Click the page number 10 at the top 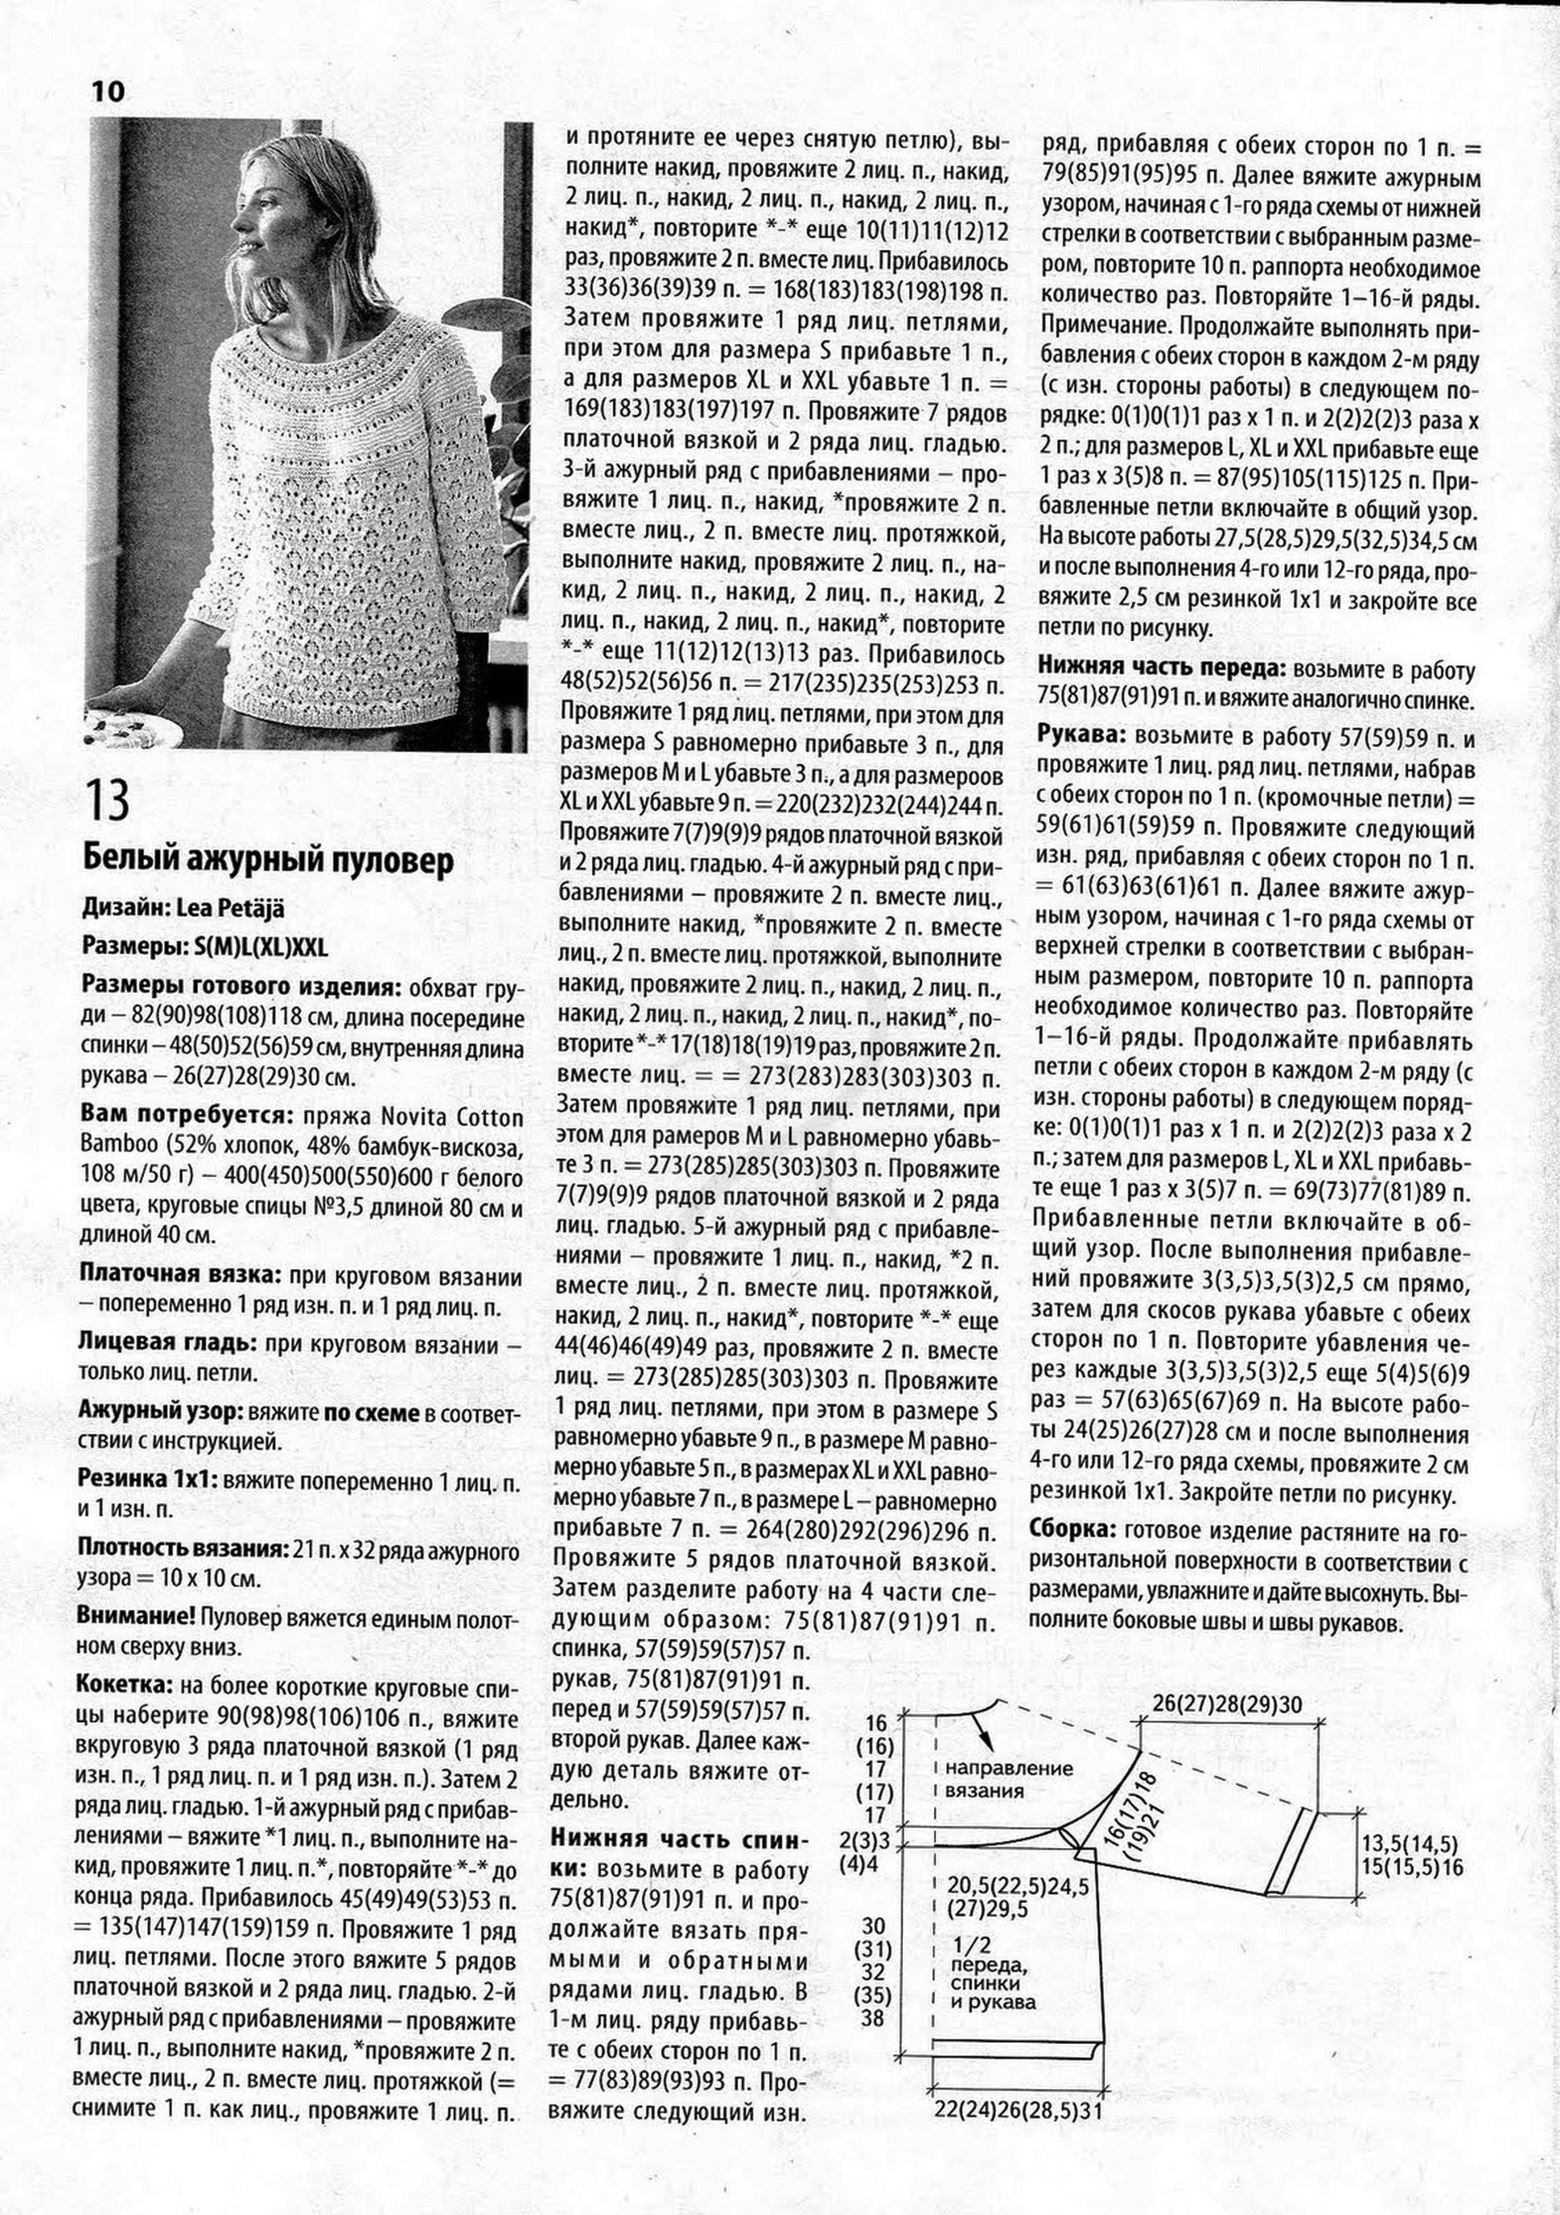(x=109, y=92)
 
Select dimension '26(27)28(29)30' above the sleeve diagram (x=1226, y=1704)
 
